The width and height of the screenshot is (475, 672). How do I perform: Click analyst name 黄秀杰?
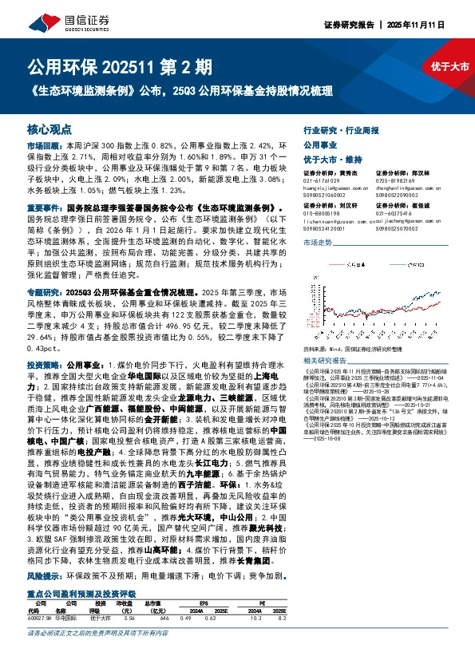pos(349,171)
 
